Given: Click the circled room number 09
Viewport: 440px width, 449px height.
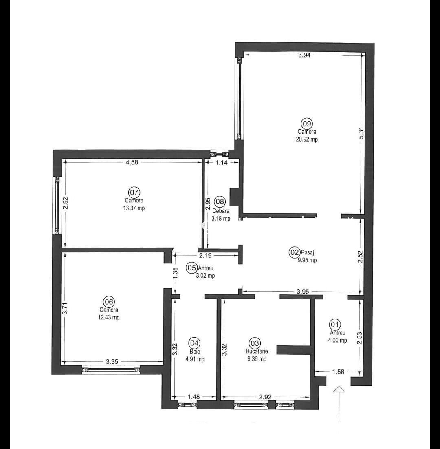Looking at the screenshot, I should coord(307,123).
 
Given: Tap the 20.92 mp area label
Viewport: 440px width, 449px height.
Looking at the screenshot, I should coord(307,139).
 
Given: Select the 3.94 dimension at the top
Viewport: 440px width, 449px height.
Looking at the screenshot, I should coord(304,55).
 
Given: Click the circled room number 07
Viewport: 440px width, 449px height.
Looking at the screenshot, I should coord(134,192).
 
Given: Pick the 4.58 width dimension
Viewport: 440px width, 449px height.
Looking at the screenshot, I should coord(132,162).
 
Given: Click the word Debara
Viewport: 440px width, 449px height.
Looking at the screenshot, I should coord(221,211).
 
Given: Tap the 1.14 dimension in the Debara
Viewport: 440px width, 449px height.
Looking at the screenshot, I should coord(221,162).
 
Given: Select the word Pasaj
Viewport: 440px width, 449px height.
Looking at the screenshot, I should coord(308,252).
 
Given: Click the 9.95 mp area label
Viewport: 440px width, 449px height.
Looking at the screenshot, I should coord(307,260).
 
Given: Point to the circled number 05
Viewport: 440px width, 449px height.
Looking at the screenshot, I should coord(191,268).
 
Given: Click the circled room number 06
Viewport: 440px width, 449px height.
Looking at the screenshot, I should coord(109,302).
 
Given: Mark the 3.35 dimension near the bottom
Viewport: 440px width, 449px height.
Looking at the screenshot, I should coord(112,361).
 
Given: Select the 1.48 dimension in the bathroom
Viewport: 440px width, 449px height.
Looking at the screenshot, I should coord(194,396).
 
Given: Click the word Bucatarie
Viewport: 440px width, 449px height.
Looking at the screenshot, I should coord(257,351).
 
